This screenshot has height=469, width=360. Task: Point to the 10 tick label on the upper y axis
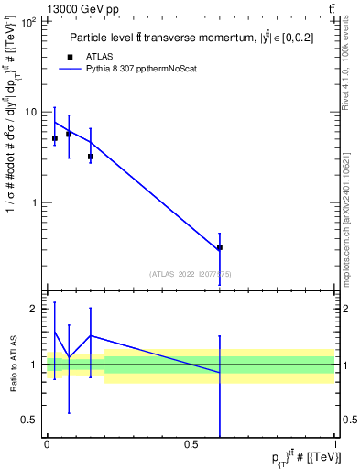[29, 112]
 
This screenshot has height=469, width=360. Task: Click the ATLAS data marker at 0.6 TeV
[220, 247]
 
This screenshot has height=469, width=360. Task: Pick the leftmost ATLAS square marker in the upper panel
[55, 138]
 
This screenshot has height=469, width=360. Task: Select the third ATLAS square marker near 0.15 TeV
[91, 157]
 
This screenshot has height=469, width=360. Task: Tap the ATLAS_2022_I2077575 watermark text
[191, 273]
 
